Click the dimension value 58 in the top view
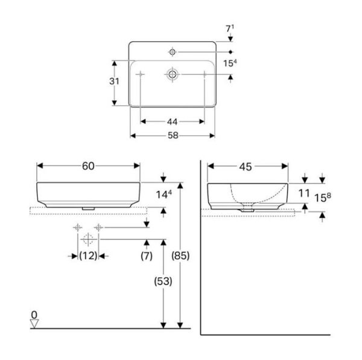(173, 136)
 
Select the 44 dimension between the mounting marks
(173, 121)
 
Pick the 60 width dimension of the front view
(88, 166)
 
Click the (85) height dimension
(180, 256)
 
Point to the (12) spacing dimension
(89, 256)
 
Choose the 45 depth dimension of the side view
(246, 166)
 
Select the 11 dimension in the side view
(304, 193)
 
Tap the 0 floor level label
(34, 314)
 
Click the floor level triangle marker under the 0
(34, 324)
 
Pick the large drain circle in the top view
(173, 74)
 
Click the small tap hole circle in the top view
(173, 51)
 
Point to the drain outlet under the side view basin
(247, 207)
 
